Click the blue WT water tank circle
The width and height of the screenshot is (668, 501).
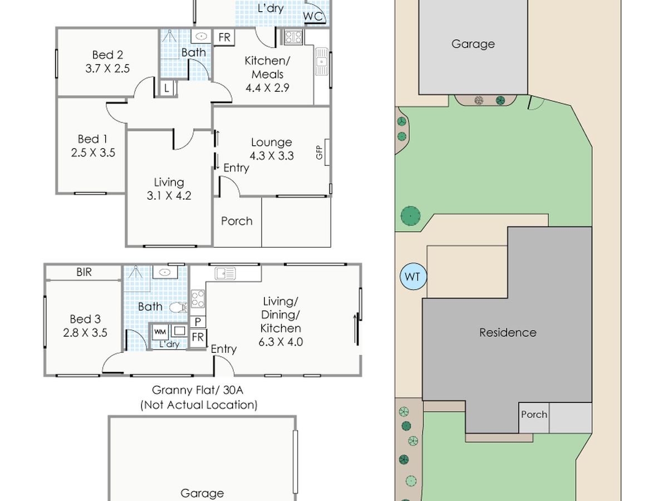click(x=413, y=276)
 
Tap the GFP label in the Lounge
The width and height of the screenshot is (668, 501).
click(x=319, y=153)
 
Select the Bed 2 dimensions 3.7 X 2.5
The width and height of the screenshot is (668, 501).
click(x=107, y=68)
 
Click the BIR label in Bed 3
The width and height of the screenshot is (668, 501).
click(x=84, y=272)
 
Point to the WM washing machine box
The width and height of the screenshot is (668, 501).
click(x=160, y=332)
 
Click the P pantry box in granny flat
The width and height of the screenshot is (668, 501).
click(x=198, y=322)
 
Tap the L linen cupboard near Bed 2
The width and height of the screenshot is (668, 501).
click(x=166, y=89)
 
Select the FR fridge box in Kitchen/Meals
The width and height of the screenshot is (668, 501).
click(x=224, y=37)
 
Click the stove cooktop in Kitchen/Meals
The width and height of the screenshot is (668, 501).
click(x=293, y=37)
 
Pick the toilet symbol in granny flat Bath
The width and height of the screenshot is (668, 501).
click(x=178, y=307)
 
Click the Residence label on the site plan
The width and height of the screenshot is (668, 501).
click(x=508, y=332)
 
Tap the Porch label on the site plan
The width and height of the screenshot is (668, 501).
click(x=534, y=414)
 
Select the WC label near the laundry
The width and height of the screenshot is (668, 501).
click(x=313, y=16)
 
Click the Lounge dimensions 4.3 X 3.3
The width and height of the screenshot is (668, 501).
click(x=272, y=156)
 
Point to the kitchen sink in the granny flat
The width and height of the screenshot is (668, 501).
click(x=225, y=273)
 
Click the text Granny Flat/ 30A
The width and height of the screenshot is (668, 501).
click(x=198, y=390)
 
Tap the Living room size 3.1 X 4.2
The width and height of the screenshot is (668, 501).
click(x=169, y=195)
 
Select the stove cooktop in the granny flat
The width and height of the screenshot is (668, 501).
click(x=198, y=299)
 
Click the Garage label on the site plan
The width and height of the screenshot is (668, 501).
click(x=473, y=44)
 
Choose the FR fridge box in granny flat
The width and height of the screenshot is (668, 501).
click(x=198, y=337)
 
